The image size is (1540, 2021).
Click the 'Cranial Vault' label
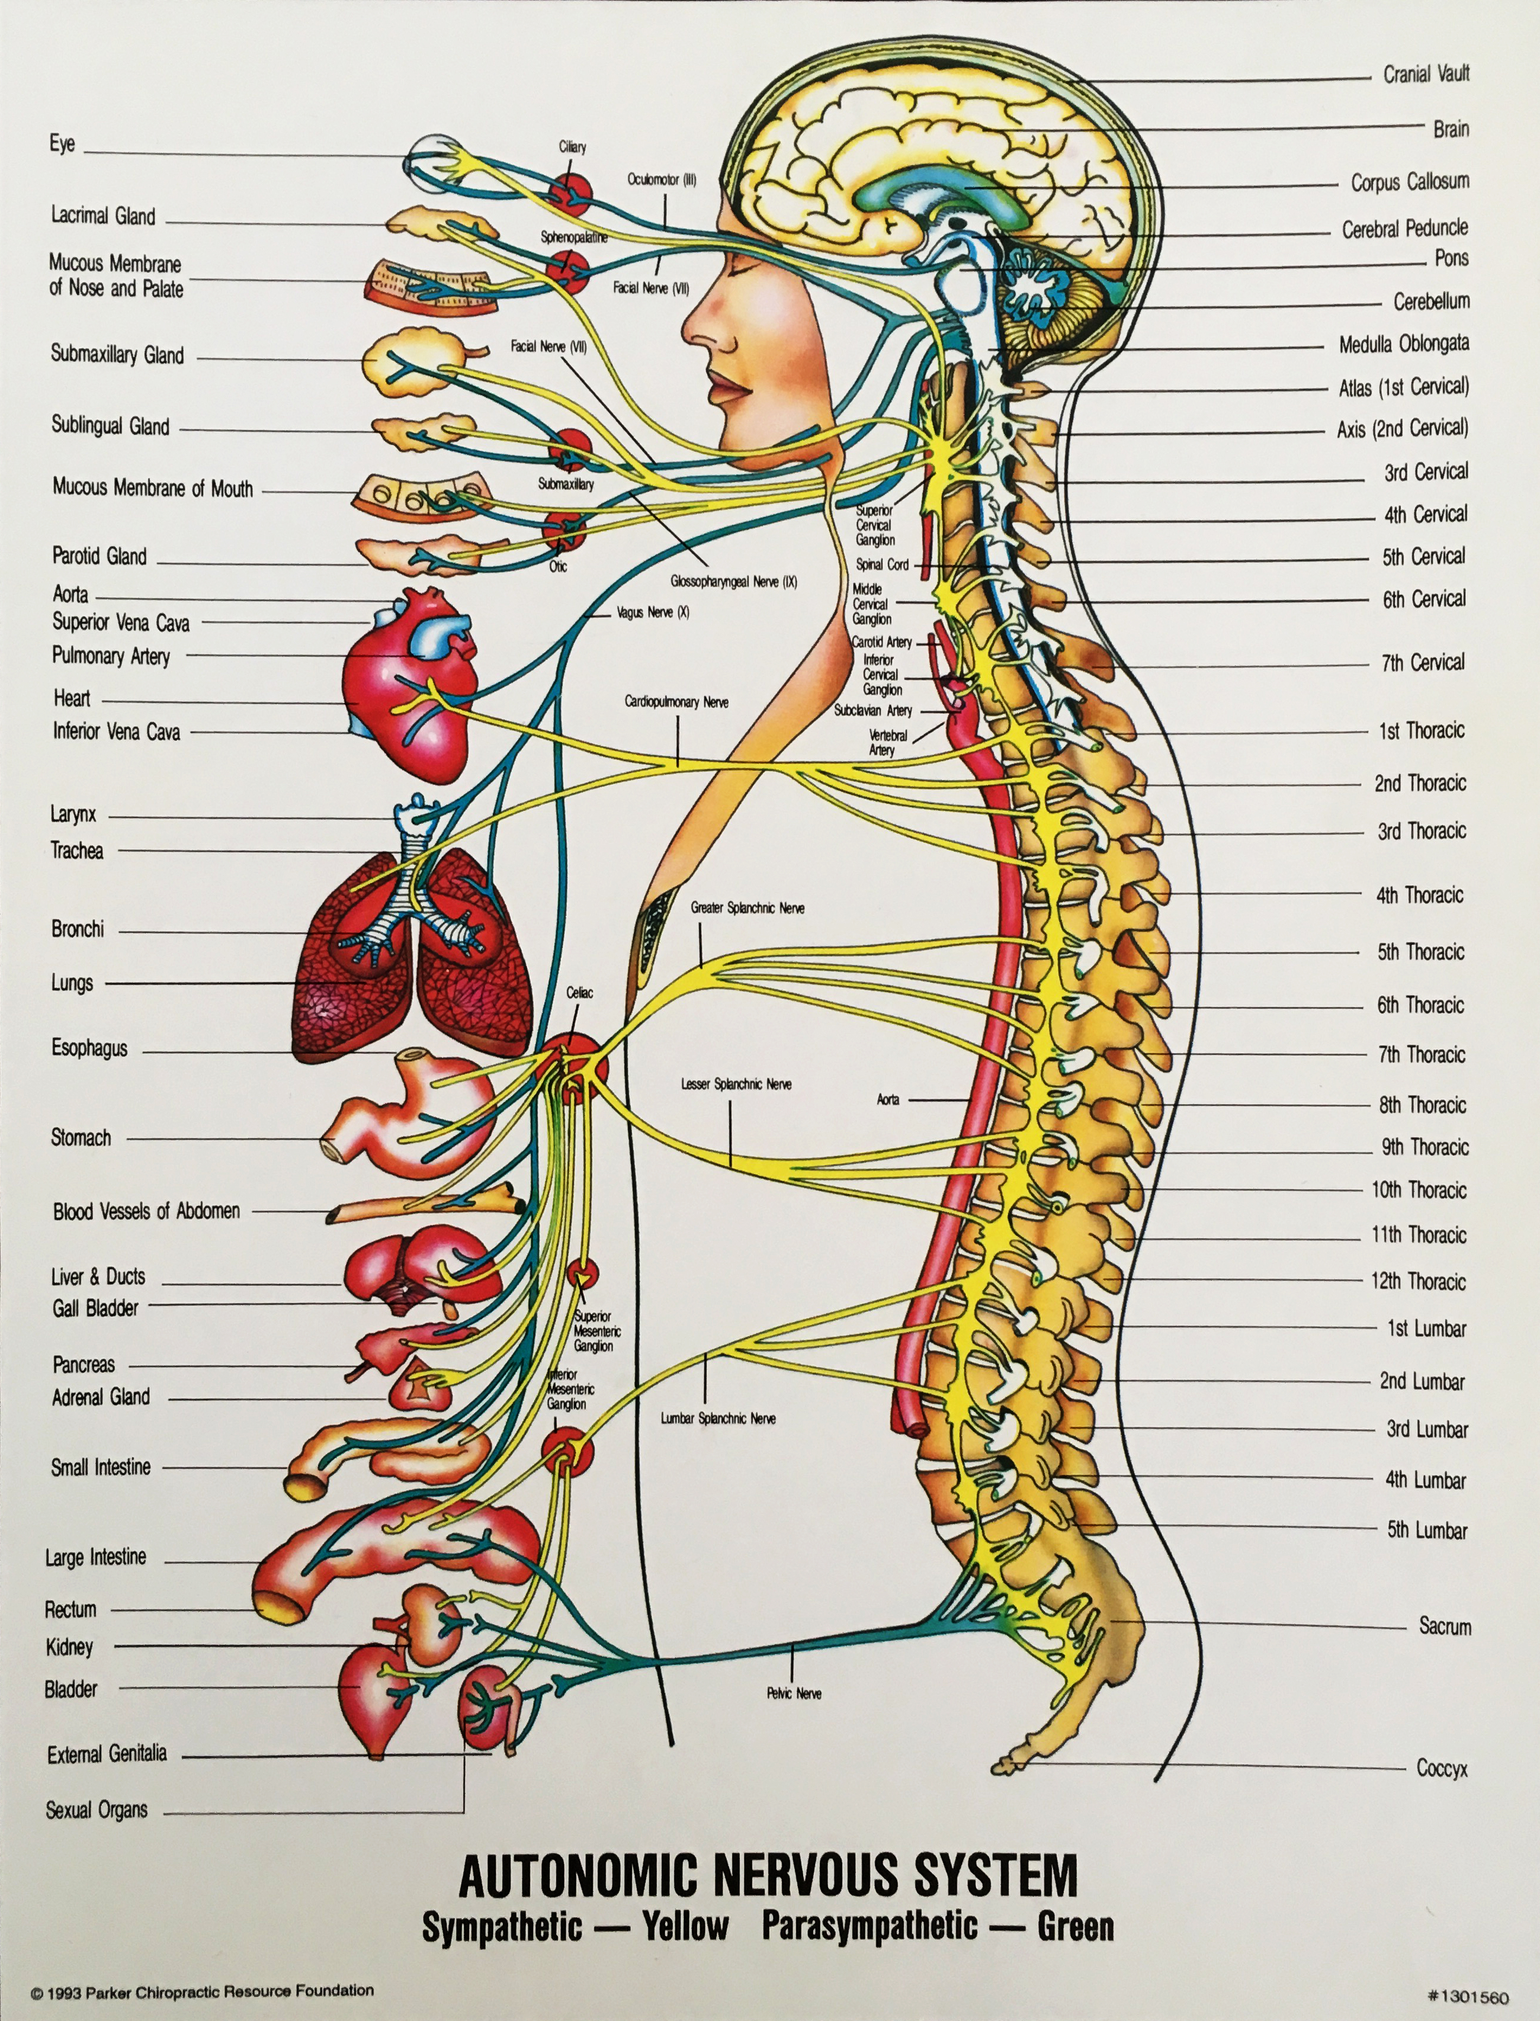(x=1426, y=73)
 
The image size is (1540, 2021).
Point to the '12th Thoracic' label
(x=1418, y=1281)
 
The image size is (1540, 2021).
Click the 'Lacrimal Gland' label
(x=102, y=216)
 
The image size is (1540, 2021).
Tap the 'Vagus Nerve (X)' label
(x=653, y=612)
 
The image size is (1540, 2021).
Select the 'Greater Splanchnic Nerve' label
(x=747, y=907)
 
